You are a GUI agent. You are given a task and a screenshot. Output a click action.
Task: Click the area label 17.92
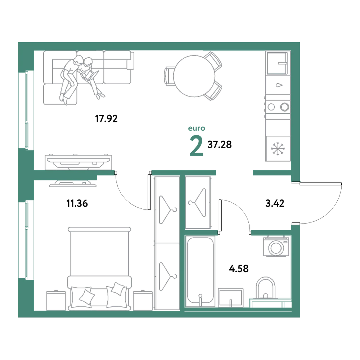pyautogui.click(x=106, y=119)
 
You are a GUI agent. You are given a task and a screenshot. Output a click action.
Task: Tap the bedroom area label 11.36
pyautogui.click(x=77, y=203)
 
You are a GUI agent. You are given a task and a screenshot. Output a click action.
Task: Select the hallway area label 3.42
pyautogui.click(x=275, y=203)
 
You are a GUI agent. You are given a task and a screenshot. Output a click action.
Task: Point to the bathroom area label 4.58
pyautogui.click(x=239, y=269)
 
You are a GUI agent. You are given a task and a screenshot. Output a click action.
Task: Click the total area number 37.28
pyautogui.click(x=220, y=145)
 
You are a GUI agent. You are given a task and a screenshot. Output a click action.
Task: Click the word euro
pyautogui.click(x=197, y=128)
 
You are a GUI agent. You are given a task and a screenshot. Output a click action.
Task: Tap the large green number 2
pyautogui.click(x=196, y=145)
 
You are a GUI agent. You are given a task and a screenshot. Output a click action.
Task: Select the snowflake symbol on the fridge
pyautogui.click(x=278, y=149)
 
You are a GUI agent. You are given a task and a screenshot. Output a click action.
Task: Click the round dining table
pyautogui.click(x=194, y=76)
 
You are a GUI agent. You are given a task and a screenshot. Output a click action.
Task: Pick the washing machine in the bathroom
pyautogui.click(x=276, y=247)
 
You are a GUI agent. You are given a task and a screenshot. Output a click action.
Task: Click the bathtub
pyautogui.click(x=200, y=271)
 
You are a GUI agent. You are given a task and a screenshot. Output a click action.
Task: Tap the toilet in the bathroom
pyautogui.click(x=265, y=288)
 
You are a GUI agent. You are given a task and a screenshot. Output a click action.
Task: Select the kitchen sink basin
pyautogui.click(x=277, y=63)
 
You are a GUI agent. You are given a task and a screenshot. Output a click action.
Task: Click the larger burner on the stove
pyautogui.click(x=285, y=107)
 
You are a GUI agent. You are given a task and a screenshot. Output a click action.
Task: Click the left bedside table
pyautogui.click(x=56, y=301)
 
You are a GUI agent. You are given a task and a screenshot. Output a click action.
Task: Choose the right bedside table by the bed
pyautogui.click(x=143, y=301)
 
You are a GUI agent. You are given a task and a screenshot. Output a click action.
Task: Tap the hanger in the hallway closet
pyautogui.click(x=197, y=202)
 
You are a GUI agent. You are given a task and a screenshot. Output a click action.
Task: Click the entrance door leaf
pyautogui.click(x=320, y=184)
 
